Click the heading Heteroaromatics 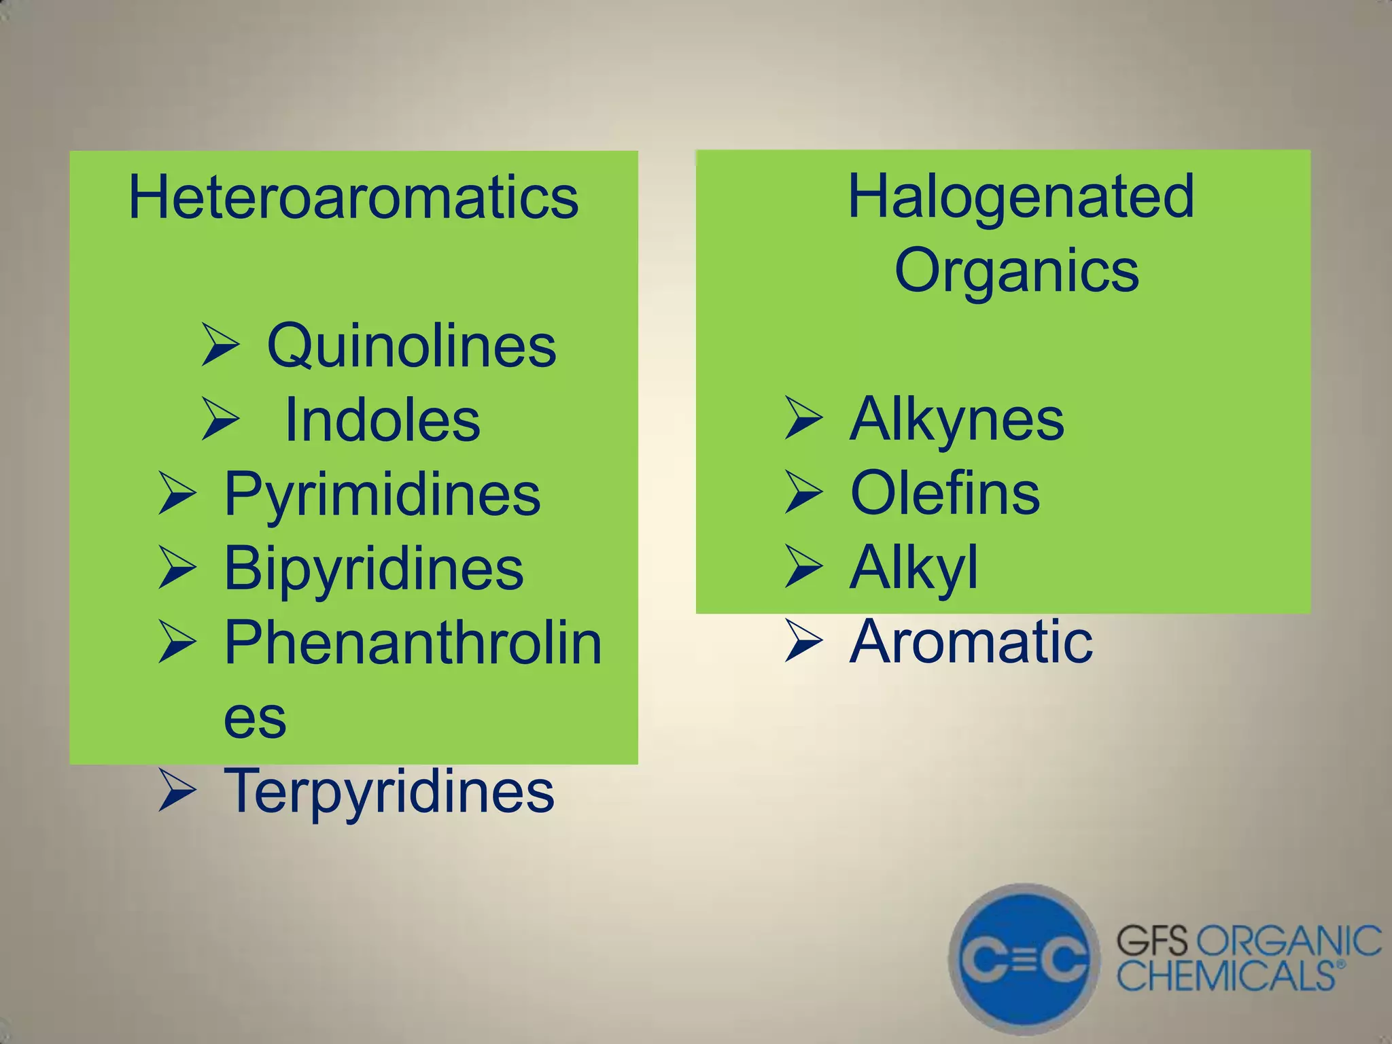coord(353,198)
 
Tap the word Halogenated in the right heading coord(1020,196)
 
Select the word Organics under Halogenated coord(1016,271)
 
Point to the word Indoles coord(382,420)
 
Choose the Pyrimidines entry coord(382,494)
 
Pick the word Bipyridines coord(374,569)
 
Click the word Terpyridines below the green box coord(389,790)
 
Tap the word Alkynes coord(956,419)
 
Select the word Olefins coord(945,493)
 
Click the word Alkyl coord(913,568)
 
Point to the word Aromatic coord(971,642)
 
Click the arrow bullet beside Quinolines coord(220,345)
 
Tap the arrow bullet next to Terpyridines coord(177,792)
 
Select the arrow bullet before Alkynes coord(803,418)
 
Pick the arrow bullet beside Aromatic coord(803,641)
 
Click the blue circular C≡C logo coord(1024,959)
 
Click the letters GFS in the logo coord(1151,942)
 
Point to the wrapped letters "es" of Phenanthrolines coord(255,718)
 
